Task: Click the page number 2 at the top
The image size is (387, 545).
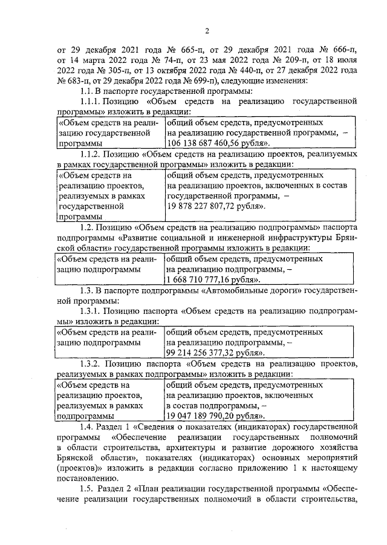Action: (206, 32)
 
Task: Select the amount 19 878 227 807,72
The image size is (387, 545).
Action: (204, 206)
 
